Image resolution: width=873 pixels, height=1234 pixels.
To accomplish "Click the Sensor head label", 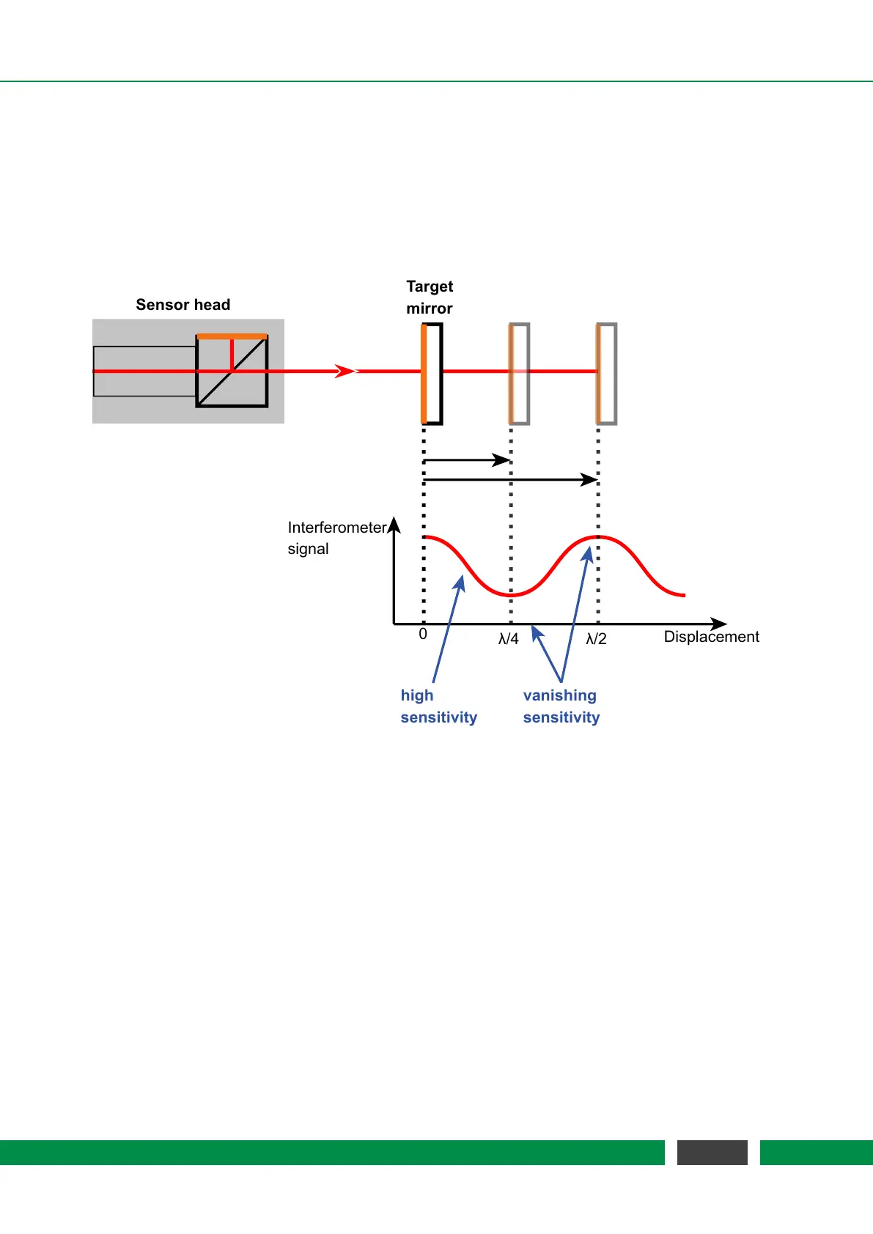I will [x=183, y=305].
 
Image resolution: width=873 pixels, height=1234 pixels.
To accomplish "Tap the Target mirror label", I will [x=430, y=298].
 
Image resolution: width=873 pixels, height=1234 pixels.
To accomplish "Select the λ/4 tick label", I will [x=508, y=639].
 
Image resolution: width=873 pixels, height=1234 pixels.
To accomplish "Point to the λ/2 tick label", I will [x=596, y=639].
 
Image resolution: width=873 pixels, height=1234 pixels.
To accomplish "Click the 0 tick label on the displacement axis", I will [x=423, y=635].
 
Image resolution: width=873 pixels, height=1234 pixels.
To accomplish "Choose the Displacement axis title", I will [x=711, y=637].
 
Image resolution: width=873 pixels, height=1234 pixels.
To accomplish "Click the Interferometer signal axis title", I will [x=336, y=538].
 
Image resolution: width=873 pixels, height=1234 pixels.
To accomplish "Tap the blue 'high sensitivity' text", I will [x=438, y=706].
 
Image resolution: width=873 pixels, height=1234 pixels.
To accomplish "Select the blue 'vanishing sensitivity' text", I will [x=561, y=706].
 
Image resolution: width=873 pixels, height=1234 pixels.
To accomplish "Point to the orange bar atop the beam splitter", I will [x=232, y=336].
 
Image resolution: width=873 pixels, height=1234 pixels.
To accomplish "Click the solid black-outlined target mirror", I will [x=432, y=374].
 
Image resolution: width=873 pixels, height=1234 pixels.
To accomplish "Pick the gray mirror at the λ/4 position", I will [x=520, y=374].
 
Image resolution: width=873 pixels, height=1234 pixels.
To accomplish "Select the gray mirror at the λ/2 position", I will [x=607, y=374].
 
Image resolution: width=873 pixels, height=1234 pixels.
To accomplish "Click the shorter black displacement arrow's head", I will [x=502, y=460].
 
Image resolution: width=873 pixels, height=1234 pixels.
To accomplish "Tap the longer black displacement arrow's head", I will [x=589, y=480].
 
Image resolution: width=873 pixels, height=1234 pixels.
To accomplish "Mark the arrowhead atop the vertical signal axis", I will [x=394, y=524].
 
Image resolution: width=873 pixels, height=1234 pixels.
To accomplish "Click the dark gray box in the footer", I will [x=712, y=1152].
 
